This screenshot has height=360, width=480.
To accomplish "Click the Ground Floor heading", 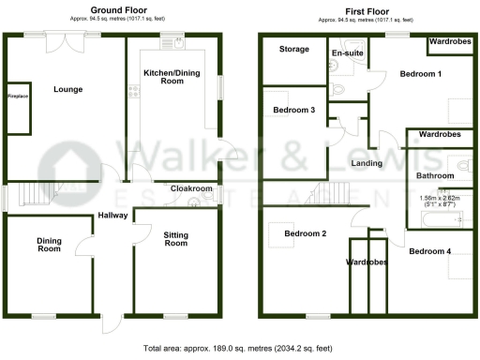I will (x=115, y=10).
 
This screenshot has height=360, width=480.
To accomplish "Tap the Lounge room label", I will (x=68, y=90).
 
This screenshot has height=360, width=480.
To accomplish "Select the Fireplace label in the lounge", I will (x=18, y=97).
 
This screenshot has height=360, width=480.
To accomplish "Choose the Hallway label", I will (x=113, y=217).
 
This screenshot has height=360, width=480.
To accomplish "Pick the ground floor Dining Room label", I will (x=49, y=244).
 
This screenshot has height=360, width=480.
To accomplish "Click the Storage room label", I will (x=294, y=49).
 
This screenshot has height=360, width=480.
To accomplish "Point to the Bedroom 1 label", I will (x=420, y=73).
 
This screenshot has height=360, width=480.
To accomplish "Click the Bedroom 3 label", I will (x=293, y=111).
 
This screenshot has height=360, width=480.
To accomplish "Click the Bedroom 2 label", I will (x=306, y=233).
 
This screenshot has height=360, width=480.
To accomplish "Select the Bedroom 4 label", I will (x=430, y=251).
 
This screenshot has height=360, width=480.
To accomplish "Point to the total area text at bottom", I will (x=239, y=348).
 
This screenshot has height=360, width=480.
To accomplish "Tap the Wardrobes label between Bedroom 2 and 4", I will (x=368, y=262).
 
